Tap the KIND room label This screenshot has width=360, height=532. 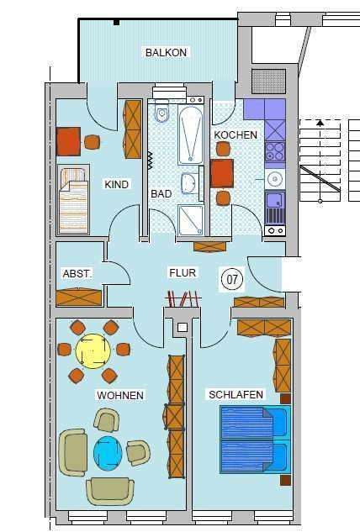(x=116, y=184)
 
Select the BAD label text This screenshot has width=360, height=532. (x=161, y=194)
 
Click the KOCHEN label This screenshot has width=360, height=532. (x=230, y=134)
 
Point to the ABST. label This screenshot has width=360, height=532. (x=77, y=274)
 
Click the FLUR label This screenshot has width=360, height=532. (x=183, y=273)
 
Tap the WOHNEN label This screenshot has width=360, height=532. (x=120, y=395)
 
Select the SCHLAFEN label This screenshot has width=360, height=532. (x=237, y=394)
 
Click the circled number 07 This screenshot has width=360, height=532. (x=230, y=277)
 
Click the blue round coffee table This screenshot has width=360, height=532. (x=109, y=452)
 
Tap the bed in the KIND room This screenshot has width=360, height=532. (x=73, y=199)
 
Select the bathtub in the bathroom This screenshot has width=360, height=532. (x=191, y=134)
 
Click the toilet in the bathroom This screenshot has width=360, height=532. (x=162, y=113)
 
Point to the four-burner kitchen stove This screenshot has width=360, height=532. (x=275, y=151)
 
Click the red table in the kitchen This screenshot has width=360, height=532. (x=223, y=173)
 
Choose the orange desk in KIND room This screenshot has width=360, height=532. (x=69, y=140)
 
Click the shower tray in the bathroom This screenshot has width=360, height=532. (x=190, y=220)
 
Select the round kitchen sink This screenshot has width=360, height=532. (x=274, y=178)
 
